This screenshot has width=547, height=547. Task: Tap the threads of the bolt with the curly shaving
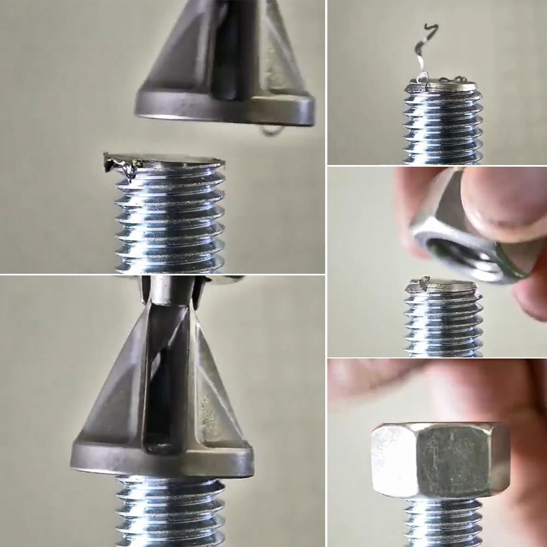click(x=443, y=126)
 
